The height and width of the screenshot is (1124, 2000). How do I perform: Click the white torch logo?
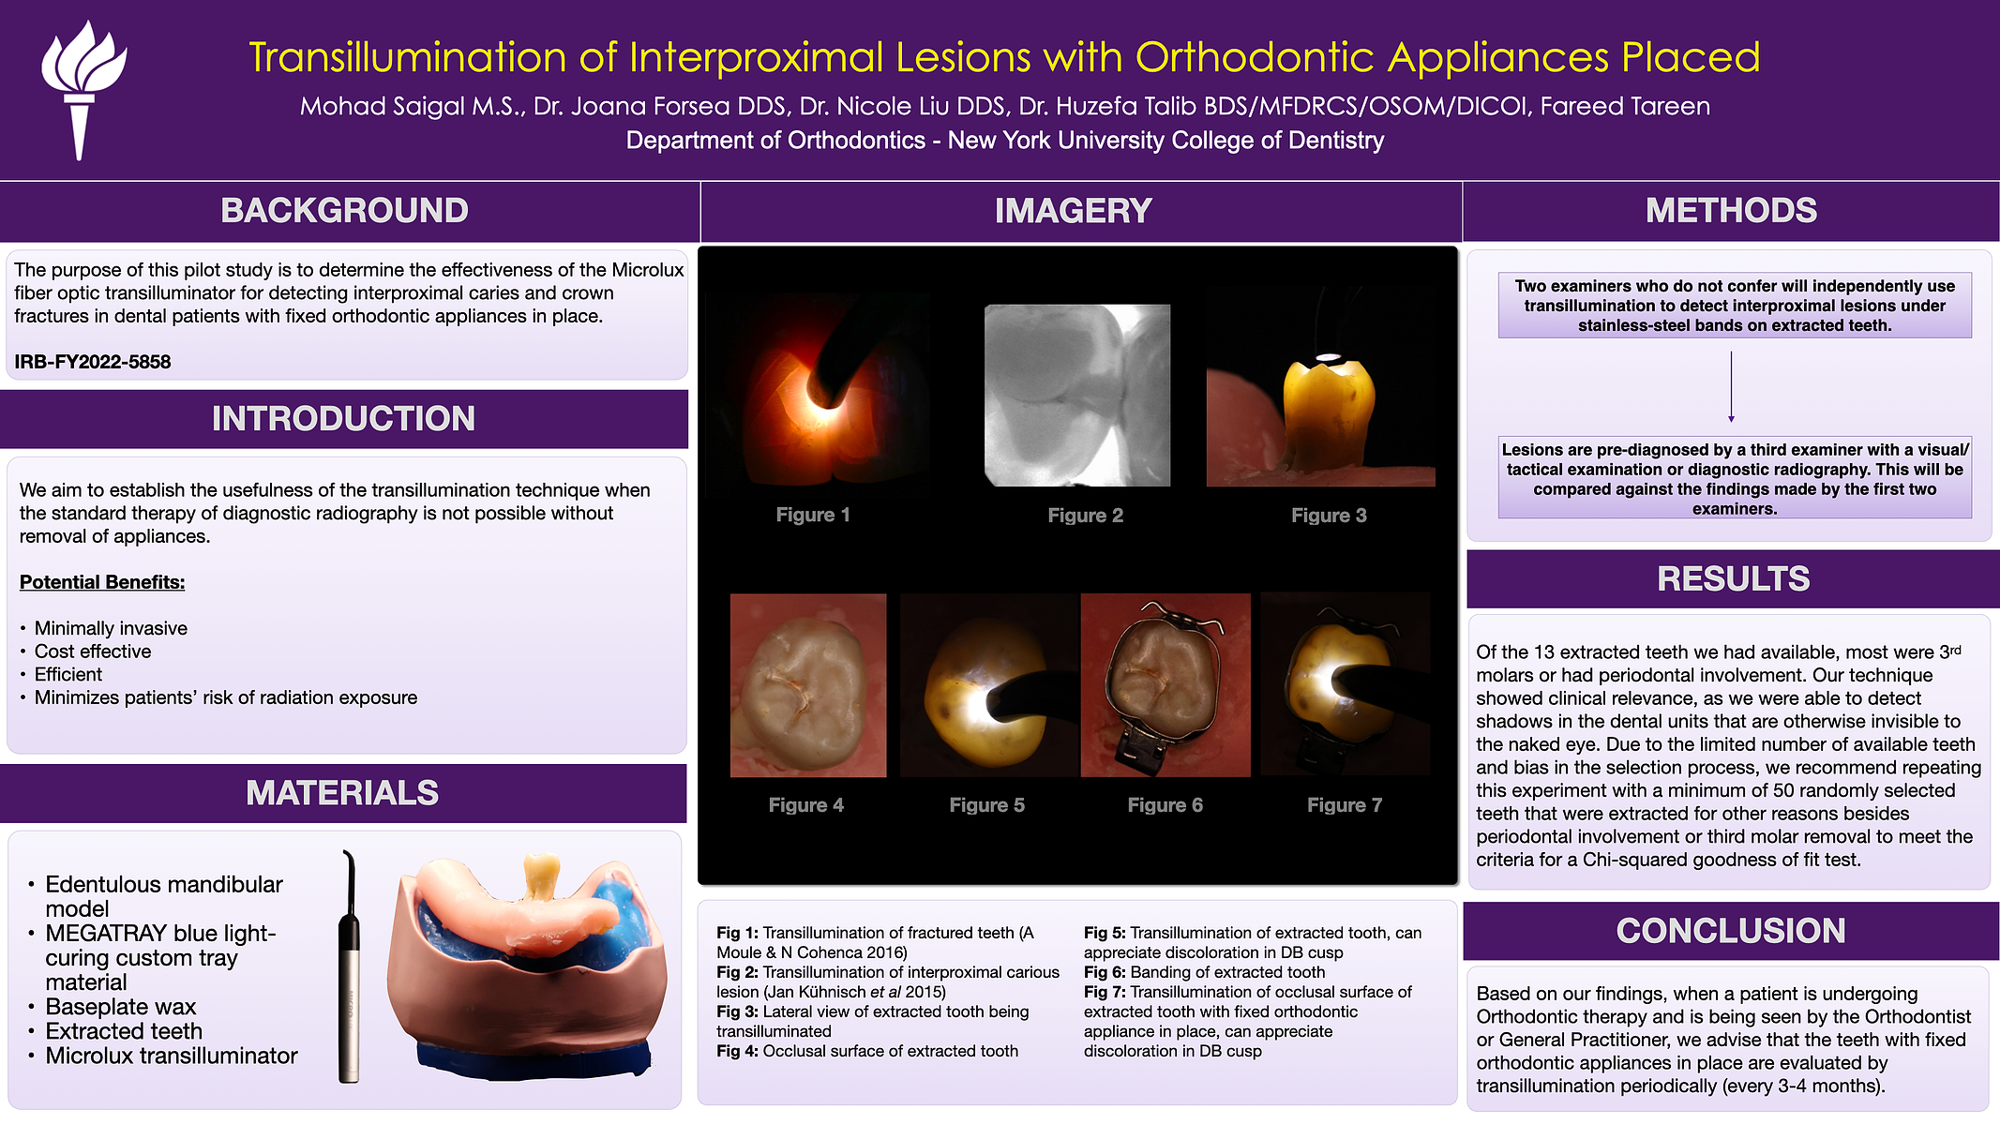coord(83,89)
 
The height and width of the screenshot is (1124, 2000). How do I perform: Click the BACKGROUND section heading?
coord(344,211)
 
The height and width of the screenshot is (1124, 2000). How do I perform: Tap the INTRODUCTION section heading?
coord(343,419)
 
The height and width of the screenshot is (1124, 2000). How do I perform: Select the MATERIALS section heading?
coord(342,793)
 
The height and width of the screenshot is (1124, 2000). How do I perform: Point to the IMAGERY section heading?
coord(1074,211)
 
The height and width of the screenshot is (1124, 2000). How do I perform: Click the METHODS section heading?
coord(1731,211)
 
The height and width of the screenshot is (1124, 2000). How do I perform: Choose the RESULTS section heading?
coord(1733,579)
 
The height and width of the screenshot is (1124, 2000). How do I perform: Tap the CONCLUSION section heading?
coord(1731,931)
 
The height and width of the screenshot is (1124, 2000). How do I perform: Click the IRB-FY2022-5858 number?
coord(93,362)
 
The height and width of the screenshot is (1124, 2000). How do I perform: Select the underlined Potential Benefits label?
coord(102,582)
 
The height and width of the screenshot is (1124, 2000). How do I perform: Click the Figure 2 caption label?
coord(1085,516)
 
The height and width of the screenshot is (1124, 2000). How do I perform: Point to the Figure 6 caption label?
coord(1165,805)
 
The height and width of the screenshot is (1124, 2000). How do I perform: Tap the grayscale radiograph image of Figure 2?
coord(1077,396)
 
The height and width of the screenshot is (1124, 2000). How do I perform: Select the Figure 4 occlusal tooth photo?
coord(808,685)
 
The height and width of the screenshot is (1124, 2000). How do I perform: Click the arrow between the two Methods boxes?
coord(1731,387)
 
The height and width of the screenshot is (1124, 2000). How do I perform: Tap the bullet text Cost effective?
coord(93,652)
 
